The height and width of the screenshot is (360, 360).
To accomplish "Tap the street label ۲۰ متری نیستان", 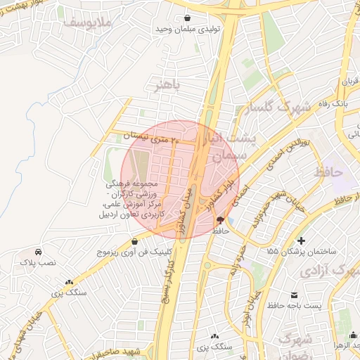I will click(151, 136).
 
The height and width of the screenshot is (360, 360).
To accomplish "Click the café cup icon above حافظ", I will click(221, 220).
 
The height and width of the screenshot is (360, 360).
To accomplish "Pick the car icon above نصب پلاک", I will click(37, 251).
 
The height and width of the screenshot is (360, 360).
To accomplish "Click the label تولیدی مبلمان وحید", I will click(189, 30).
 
